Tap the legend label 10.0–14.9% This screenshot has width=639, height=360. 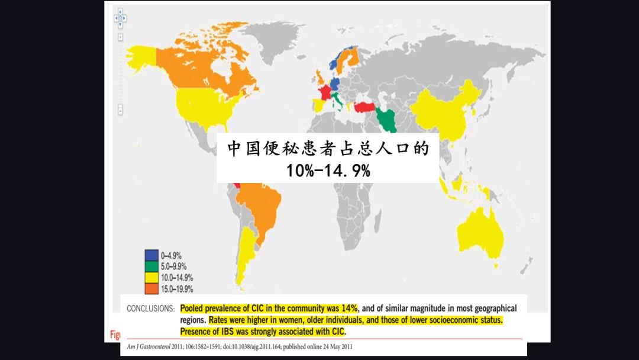click(x=176, y=278)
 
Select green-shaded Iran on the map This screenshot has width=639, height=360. click(x=388, y=116)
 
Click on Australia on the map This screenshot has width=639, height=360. click(x=480, y=234)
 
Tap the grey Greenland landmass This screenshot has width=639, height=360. click(x=278, y=41)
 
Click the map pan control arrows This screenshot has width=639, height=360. click(x=120, y=20)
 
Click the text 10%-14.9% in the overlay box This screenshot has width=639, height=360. click(x=328, y=171)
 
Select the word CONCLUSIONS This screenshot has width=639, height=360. click(x=150, y=308)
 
